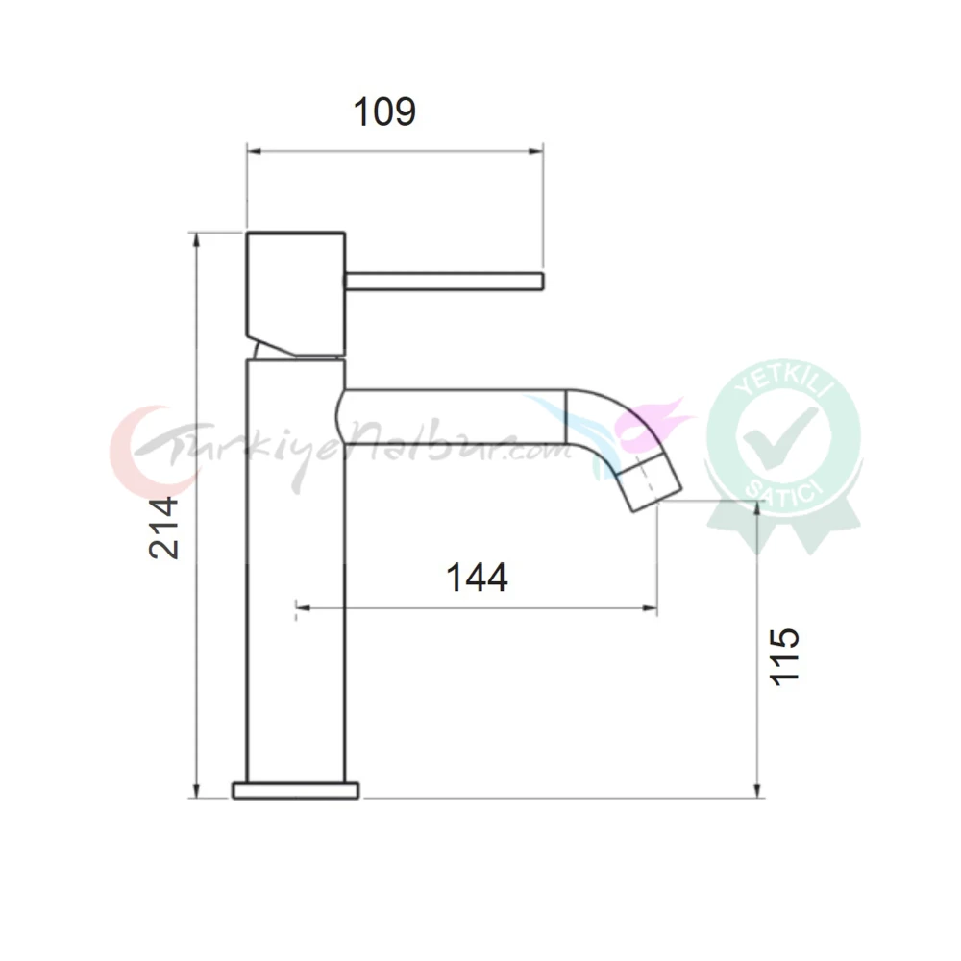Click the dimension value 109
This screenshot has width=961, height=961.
(385, 111)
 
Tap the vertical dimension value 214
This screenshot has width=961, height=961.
(163, 528)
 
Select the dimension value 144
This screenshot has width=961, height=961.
(477, 578)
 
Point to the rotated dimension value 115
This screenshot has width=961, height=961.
(784, 656)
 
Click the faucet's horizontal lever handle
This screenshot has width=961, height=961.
(444, 281)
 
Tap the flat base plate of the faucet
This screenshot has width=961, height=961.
(295, 791)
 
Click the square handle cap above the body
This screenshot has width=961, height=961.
(296, 293)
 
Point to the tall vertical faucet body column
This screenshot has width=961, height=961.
(296, 571)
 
